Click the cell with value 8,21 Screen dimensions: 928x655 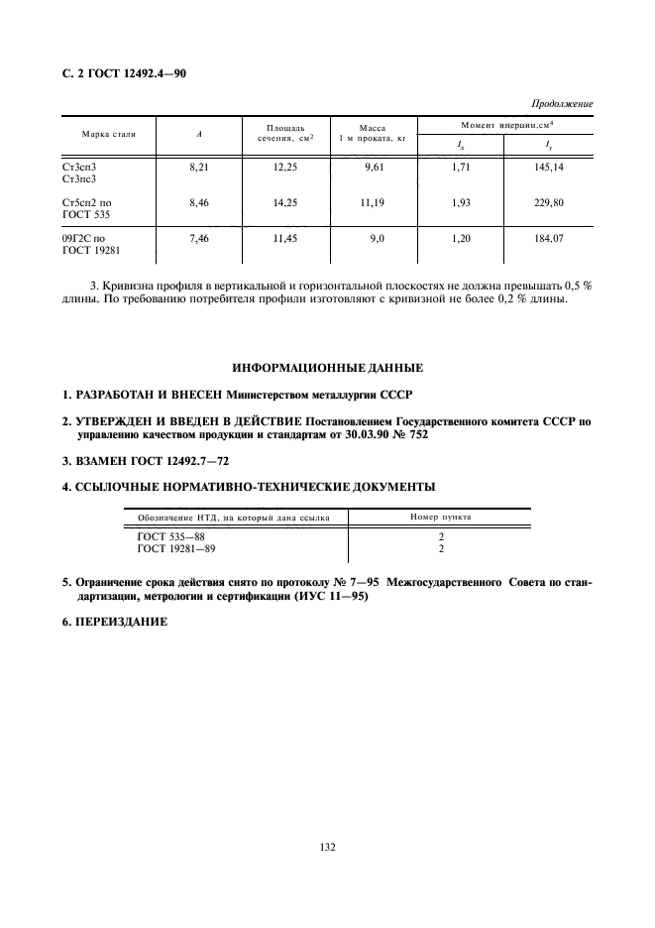tap(200, 169)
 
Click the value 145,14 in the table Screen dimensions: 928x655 tap(548, 169)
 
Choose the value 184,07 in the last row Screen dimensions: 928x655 tap(548, 239)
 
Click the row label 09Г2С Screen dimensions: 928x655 tap(83, 239)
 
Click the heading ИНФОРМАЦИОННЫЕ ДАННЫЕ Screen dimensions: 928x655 tap(327, 368)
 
